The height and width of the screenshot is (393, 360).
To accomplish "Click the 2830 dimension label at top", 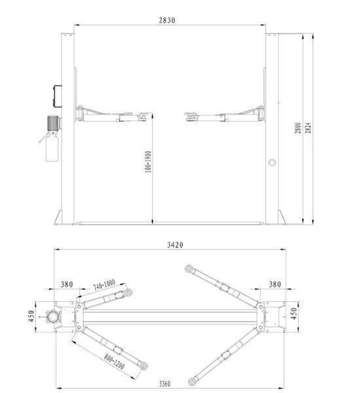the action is pos(167,20).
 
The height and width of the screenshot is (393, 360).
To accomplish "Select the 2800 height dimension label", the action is pos(298,128).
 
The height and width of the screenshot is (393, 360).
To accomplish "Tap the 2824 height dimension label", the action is pos(308,128).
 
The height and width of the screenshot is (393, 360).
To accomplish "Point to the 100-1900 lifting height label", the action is pos(148,162).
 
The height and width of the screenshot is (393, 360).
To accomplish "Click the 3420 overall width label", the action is pos(175,244).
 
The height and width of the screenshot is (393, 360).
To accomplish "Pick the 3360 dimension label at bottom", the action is pos(164,384).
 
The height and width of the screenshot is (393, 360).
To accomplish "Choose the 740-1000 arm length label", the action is pos(104,285).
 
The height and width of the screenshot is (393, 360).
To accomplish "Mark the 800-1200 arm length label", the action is pos(115,362).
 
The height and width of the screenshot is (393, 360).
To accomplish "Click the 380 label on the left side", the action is pos(67,284).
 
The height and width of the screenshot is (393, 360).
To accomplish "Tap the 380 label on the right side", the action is pos(275,284).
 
